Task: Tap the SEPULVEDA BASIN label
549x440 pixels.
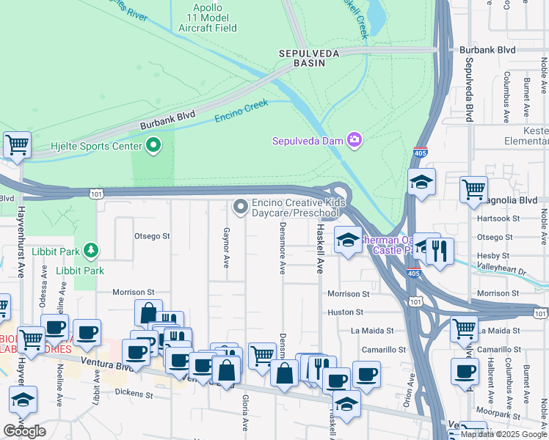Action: tap(309, 59)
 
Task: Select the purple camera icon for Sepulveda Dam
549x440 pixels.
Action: tap(355, 140)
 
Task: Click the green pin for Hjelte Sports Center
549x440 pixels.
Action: tap(153, 146)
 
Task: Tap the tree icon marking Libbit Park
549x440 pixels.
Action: tap(91, 251)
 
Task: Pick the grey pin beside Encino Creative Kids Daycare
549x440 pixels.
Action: tap(240, 208)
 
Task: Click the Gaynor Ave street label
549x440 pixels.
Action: tap(226, 247)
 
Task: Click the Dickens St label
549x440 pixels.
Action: tap(134, 394)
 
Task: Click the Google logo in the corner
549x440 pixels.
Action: tap(24, 431)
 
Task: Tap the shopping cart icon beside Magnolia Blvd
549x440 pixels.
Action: tap(473, 189)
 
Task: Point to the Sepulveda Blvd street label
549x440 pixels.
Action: tap(468, 88)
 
